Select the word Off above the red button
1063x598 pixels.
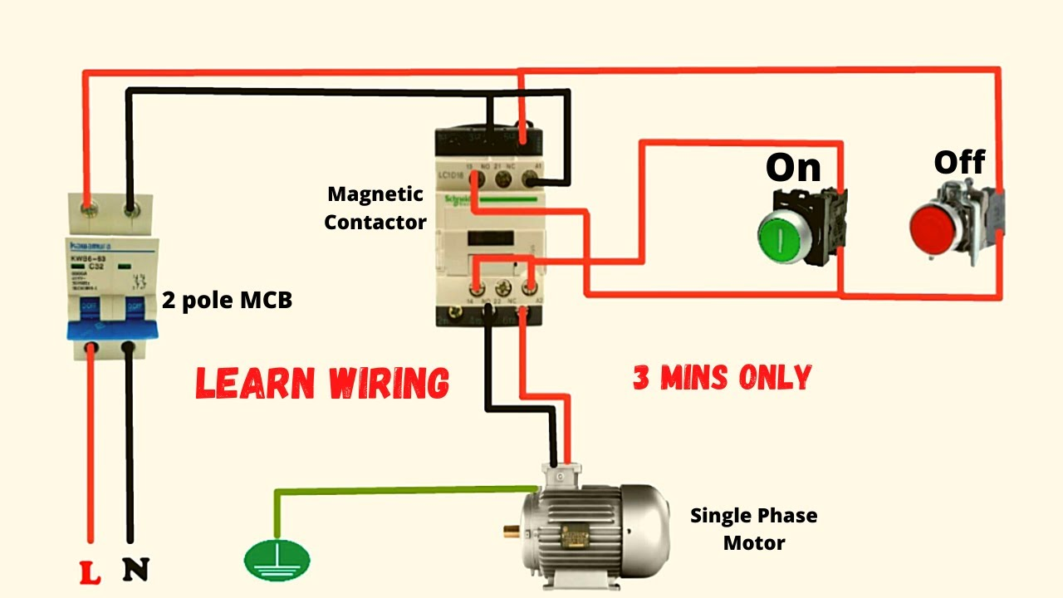pyautogui.click(x=959, y=162)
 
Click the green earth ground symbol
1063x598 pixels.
pyautogui.click(x=277, y=561)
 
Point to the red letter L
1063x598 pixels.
pyautogui.click(x=90, y=571)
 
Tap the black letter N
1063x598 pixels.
pyautogui.click(x=135, y=570)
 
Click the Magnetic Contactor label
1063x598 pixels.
pyautogui.click(x=375, y=208)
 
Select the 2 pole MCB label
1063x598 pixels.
pyautogui.click(x=227, y=300)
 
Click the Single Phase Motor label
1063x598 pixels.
pyautogui.click(x=753, y=529)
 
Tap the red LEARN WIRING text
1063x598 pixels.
pyautogui.click(x=322, y=383)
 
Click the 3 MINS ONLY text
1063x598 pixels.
pyautogui.click(x=722, y=378)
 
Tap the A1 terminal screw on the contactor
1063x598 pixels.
pyautogui.click(x=529, y=176)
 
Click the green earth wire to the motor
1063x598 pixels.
pyautogui.click(x=399, y=490)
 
